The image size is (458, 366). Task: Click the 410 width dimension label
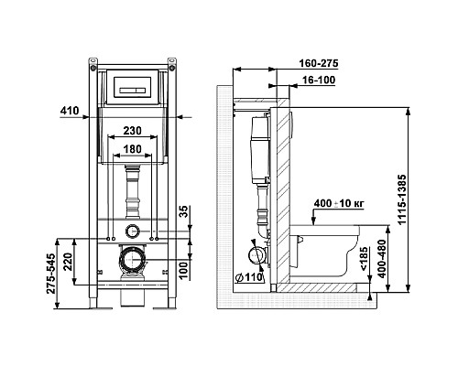click(x=70, y=111)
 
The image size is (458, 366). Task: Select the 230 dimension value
click(x=132, y=131)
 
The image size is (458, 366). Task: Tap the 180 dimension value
click(x=132, y=149)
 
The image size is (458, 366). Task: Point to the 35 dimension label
click(x=183, y=211)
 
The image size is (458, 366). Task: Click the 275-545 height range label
click(x=51, y=274)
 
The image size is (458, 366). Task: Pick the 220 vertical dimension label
click(x=68, y=262)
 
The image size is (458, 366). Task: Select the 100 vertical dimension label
click(x=183, y=270)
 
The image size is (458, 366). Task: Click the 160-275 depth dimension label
click(x=319, y=63)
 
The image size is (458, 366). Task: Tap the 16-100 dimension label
click(x=319, y=81)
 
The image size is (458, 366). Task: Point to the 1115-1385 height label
click(x=402, y=199)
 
